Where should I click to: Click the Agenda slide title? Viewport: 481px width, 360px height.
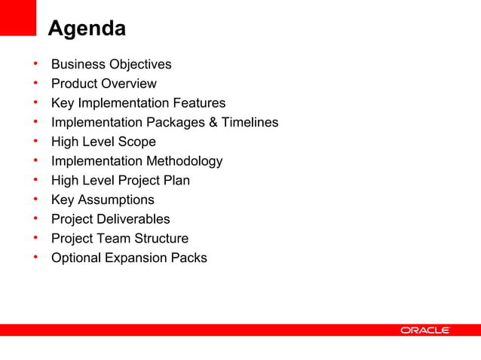87,29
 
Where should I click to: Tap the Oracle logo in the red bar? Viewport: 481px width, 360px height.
425,330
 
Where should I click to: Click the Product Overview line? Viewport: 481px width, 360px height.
104,84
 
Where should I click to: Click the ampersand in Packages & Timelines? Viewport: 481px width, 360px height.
213,123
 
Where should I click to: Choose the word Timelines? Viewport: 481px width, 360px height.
250,123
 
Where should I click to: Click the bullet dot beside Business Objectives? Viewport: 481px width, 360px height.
35,64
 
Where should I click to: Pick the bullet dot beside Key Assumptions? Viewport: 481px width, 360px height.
35,200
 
